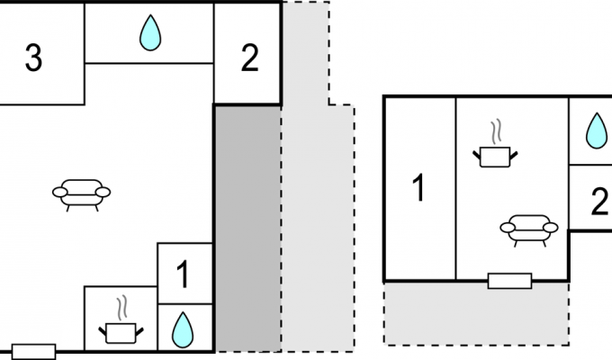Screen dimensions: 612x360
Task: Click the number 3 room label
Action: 33,58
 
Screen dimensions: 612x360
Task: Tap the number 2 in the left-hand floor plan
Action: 250,58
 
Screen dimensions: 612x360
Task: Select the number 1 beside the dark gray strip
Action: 183,274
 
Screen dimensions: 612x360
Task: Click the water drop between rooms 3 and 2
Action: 150,32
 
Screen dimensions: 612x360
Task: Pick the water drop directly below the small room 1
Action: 183,330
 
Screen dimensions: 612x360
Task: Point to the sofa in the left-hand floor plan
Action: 82,195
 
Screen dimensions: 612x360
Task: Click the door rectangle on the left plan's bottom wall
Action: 33,351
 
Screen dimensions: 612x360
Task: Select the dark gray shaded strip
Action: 247,229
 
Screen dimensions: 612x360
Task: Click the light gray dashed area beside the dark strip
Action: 317,229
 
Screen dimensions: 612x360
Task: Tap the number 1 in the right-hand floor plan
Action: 418,188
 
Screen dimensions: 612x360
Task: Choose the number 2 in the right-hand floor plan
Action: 599,201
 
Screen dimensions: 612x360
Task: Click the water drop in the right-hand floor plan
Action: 597,130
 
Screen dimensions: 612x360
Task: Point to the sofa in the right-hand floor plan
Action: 529,230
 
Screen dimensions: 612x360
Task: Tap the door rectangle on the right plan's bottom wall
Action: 509,281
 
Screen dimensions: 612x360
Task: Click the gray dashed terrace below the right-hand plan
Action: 476,313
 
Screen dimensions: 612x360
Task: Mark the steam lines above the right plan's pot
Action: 496,131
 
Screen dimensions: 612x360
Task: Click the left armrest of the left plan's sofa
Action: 59,192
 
